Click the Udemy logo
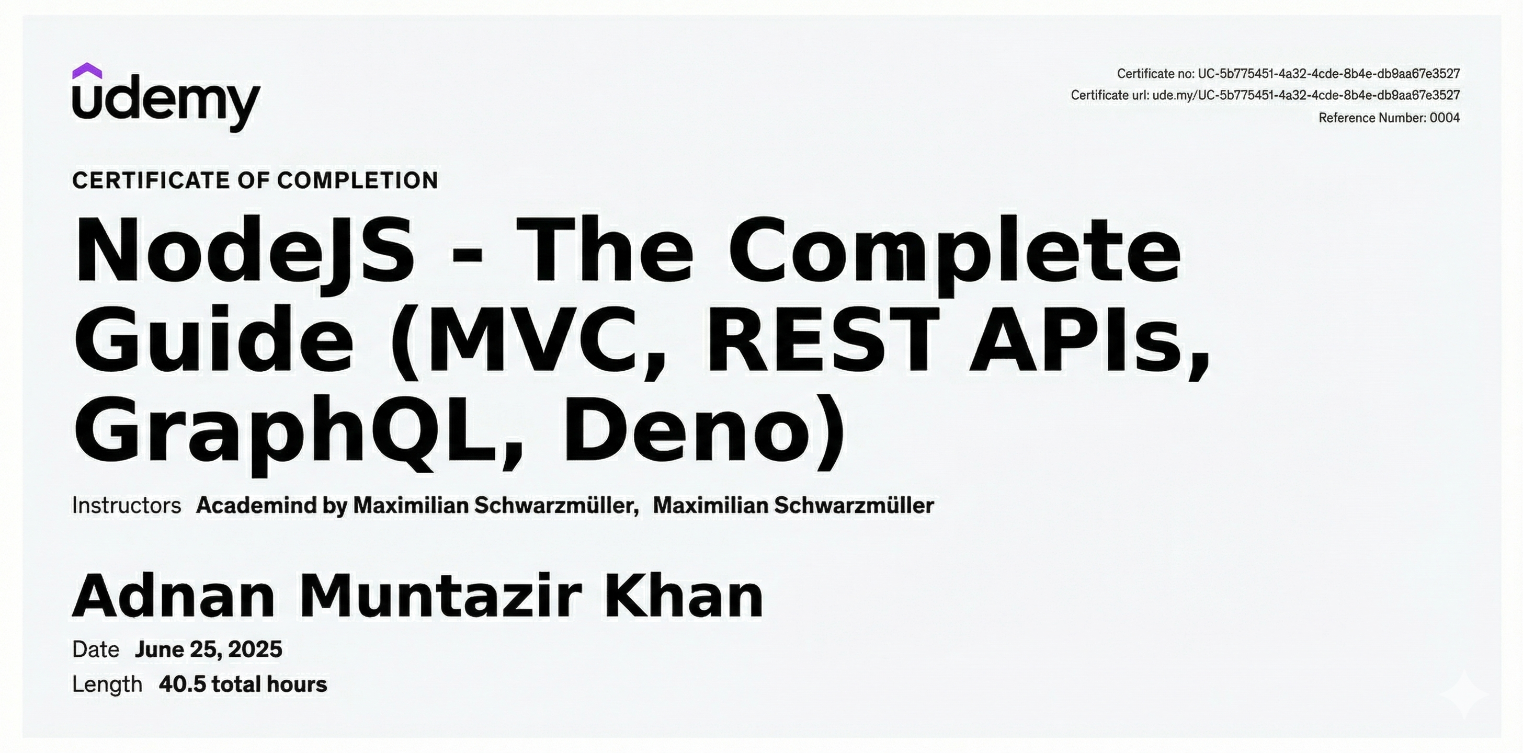tap(166, 97)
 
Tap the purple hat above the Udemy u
tap(87, 71)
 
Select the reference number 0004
tap(1445, 118)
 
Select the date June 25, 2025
tap(208, 649)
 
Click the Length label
tap(107, 684)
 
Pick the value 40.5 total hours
tap(242, 684)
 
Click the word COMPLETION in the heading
tap(357, 180)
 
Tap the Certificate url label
tap(1110, 95)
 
